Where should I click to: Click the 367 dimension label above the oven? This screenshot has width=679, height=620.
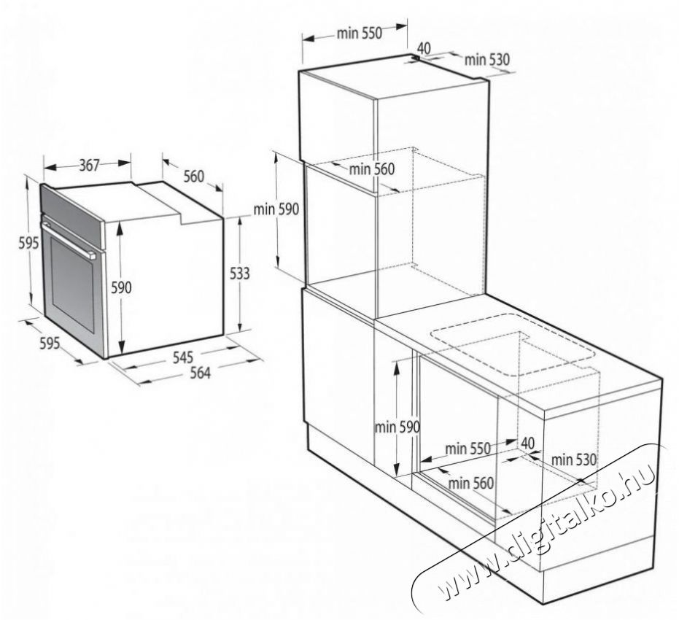[90, 166]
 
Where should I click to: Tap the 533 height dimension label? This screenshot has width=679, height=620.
[239, 274]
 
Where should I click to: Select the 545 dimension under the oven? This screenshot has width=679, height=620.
[183, 357]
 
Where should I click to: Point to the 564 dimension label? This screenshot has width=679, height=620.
[200, 372]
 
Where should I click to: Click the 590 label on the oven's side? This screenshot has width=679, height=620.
[121, 287]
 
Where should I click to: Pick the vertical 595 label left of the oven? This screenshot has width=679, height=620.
[28, 244]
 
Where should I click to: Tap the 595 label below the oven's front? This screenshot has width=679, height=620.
[50, 343]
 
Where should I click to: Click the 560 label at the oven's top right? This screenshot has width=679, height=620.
[193, 177]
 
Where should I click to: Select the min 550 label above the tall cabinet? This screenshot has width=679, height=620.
[360, 33]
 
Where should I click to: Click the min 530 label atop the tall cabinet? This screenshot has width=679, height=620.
[487, 59]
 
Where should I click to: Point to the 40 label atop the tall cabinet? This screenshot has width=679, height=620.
[424, 47]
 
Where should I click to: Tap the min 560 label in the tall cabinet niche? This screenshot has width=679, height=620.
[371, 168]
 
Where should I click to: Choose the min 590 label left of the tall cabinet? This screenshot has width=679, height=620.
[276, 209]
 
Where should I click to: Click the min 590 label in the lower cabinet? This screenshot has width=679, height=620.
[397, 427]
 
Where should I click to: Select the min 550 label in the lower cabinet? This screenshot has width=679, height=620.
[467, 449]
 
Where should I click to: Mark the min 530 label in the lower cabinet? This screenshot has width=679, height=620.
[574, 460]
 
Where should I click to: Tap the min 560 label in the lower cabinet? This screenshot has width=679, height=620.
[470, 482]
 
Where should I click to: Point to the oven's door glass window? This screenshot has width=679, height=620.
[72, 286]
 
